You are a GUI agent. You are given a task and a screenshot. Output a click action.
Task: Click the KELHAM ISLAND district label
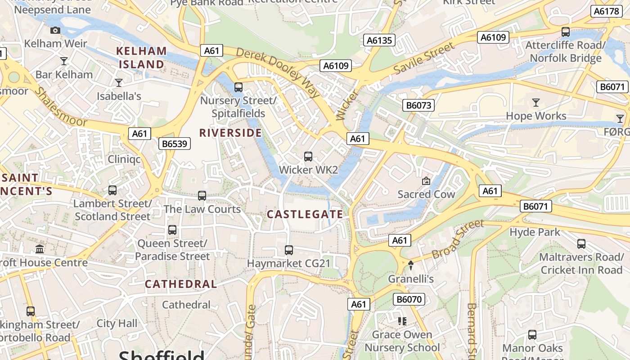141,58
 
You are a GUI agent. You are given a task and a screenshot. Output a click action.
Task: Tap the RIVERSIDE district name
230,133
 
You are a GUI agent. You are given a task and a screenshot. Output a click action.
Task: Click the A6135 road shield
379,40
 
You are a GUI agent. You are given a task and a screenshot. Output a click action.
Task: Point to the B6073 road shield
418,106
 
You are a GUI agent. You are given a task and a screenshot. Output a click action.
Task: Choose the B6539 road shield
175,144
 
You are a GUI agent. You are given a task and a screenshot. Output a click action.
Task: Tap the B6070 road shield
409,299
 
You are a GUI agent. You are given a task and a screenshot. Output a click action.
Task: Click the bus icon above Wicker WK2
308,157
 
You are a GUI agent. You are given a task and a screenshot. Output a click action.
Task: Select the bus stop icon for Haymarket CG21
289,250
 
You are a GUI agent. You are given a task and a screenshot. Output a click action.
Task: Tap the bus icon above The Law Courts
202,196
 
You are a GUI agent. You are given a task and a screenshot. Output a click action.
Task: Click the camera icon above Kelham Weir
55,30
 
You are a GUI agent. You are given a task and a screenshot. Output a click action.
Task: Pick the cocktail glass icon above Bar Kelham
64,61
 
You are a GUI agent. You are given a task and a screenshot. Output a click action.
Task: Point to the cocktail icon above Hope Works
535,103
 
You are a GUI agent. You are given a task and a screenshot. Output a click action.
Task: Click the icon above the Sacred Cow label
426,181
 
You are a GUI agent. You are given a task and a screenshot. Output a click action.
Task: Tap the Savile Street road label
424,58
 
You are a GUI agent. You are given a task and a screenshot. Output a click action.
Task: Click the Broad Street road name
458,239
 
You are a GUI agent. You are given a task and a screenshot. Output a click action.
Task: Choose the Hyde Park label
535,232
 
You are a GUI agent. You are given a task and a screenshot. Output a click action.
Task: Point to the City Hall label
117,324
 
